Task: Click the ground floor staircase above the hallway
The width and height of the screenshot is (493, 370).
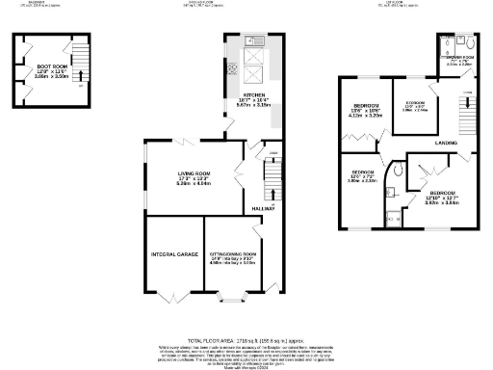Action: pos(273,179)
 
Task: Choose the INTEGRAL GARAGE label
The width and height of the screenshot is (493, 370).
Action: pos(174,254)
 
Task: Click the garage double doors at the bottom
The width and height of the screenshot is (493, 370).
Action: pos(174,294)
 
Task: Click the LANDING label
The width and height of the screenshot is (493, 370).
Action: pos(446,143)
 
